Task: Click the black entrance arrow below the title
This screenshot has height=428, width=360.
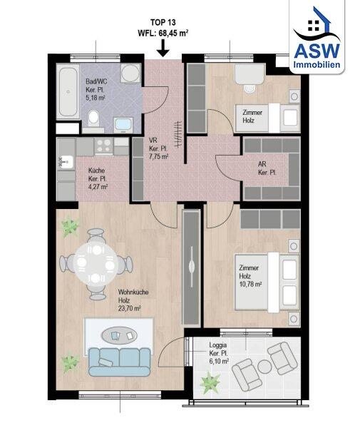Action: pos(163,49)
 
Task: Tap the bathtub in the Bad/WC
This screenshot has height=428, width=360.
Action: pos(68,91)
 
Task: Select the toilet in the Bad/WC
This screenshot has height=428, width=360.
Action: pos(93,118)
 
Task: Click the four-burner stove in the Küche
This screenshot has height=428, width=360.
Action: pos(103,146)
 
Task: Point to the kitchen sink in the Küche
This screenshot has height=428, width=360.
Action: pos(66,162)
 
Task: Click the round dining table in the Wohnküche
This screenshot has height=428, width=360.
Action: pos(96,264)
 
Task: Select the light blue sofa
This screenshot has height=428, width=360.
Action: pos(120,362)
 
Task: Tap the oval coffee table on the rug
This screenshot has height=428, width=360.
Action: pos(120,335)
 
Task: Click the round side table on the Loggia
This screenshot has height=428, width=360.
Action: pos(264,367)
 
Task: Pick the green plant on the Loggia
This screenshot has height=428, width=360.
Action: pos(210,383)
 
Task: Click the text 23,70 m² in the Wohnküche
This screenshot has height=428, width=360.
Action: pos(129,309)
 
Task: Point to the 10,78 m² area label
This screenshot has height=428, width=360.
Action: pos(250,284)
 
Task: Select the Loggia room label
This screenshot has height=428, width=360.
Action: pos(217,345)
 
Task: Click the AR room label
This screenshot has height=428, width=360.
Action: pos(262,164)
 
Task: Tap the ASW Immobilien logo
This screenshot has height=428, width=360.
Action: pos(317,38)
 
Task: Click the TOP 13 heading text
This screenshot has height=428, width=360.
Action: pos(163,22)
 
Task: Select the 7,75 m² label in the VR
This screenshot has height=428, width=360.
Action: pos(158,157)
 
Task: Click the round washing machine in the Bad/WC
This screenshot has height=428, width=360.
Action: pos(130,73)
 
